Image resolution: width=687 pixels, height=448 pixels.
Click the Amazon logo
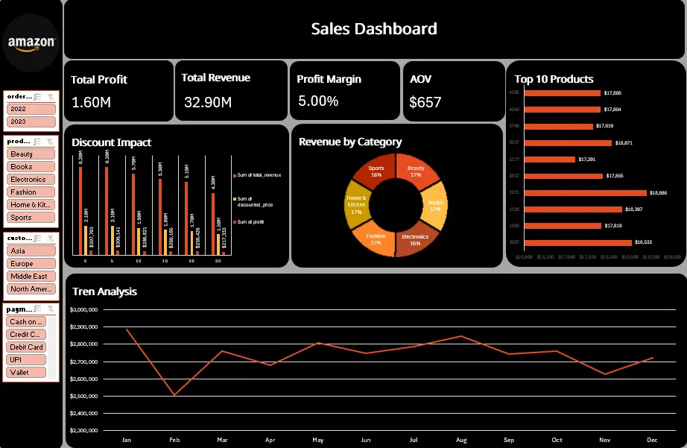pyautogui.click(x=31, y=42)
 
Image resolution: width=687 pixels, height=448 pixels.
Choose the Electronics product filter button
pyautogui.click(x=31, y=180)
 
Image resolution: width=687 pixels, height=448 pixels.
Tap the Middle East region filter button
pyautogui.click(x=31, y=277)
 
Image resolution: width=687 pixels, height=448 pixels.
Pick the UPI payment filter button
pyautogui.click(x=26, y=359)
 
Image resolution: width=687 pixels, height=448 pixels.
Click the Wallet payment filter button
pyautogui.click(x=26, y=372)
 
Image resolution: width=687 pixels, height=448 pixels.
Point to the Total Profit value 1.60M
pyautogui.click(x=92, y=102)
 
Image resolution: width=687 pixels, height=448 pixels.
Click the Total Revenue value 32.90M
pyautogui.click(x=207, y=102)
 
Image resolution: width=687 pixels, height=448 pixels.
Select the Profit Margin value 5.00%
pyautogui.click(x=318, y=101)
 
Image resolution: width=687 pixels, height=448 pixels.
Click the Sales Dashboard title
pyautogui.click(x=373, y=29)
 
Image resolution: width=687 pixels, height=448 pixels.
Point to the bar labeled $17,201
pyautogui.click(x=550, y=159)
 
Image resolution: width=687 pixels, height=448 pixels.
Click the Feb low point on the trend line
pyautogui.click(x=174, y=395)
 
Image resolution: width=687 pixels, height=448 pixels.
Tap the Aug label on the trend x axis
pyautogui.click(x=461, y=441)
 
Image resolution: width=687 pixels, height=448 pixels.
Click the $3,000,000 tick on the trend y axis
pyautogui.click(x=83, y=309)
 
